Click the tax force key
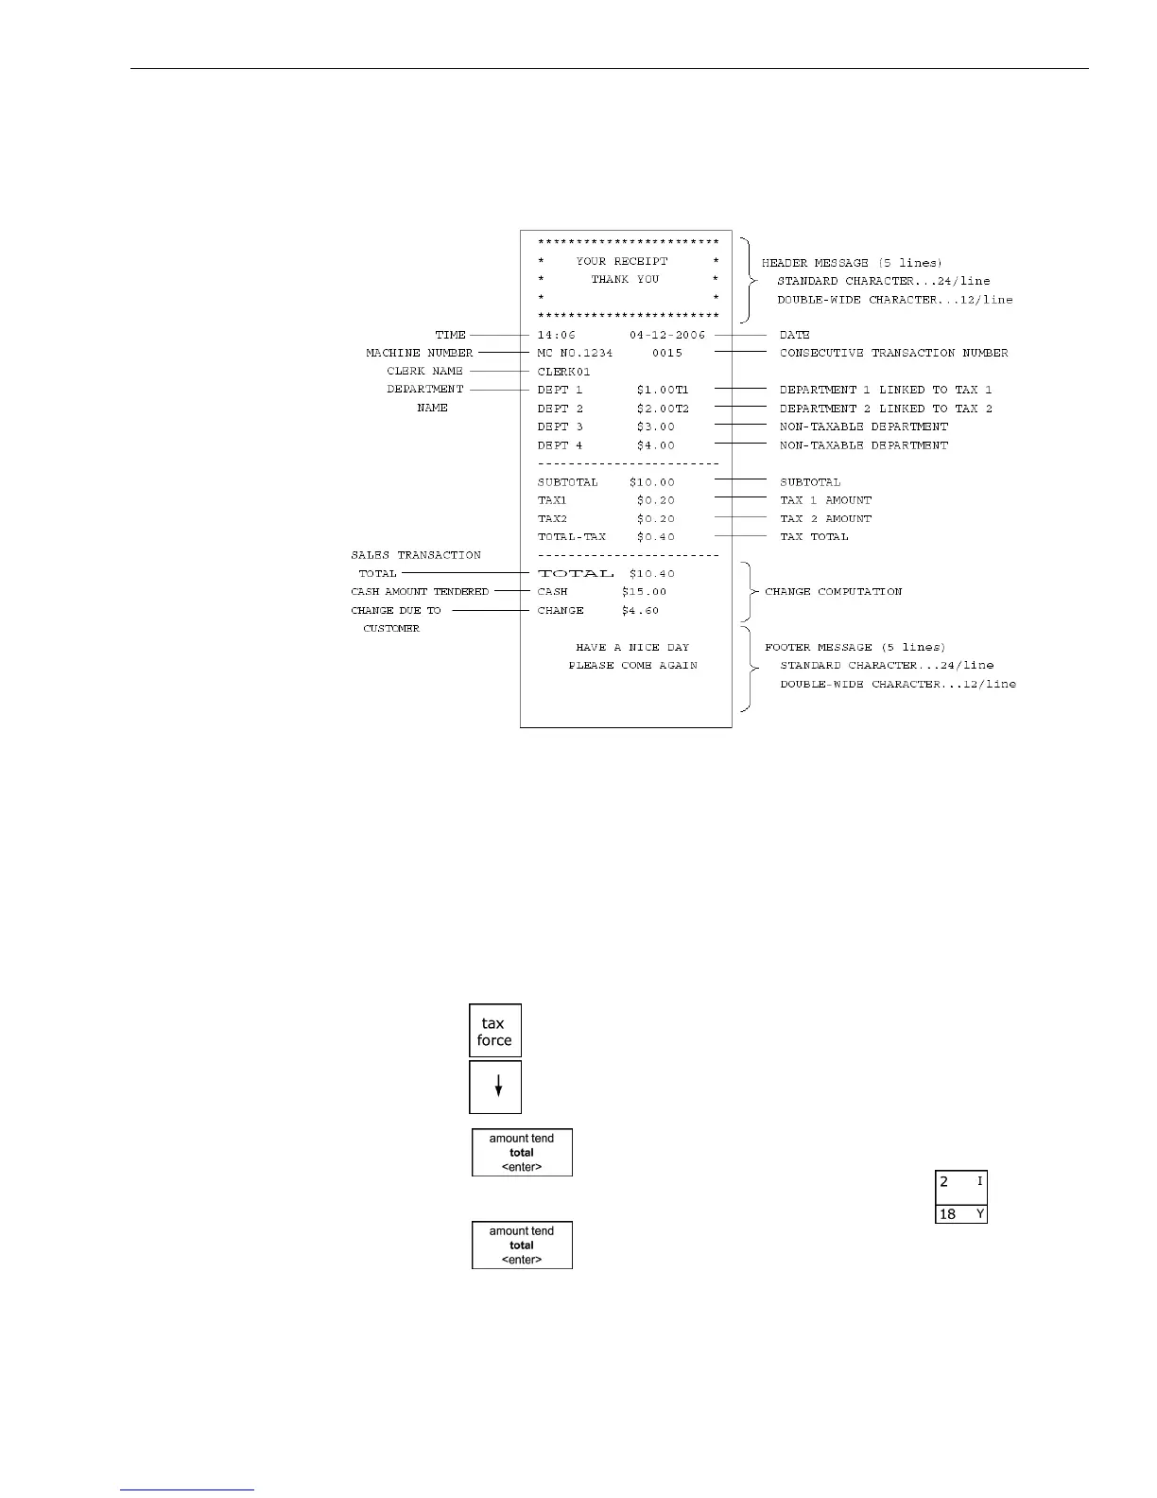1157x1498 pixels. click(495, 1031)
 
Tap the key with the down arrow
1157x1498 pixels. click(495, 1088)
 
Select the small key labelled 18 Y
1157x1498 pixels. click(961, 1214)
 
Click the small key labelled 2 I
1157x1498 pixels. click(961, 1182)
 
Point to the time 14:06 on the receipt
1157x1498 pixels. click(557, 335)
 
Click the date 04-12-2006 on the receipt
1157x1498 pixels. click(667, 335)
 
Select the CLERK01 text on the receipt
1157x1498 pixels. click(564, 372)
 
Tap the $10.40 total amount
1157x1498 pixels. click(652, 574)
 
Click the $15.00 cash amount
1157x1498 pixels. click(644, 592)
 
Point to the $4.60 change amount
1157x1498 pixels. click(640, 611)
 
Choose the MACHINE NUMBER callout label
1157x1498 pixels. click(420, 353)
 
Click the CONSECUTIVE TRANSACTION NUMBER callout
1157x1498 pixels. click(893, 353)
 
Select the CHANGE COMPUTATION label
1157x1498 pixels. click(833, 592)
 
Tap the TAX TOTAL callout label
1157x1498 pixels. click(814, 537)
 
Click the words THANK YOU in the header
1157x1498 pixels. click(625, 280)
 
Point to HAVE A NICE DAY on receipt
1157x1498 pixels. click(632, 648)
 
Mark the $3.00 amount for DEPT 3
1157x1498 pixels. click(656, 427)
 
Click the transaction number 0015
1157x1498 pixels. click(667, 353)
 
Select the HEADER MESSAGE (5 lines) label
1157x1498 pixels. click(852, 263)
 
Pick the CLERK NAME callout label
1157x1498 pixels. click(425, 372)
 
